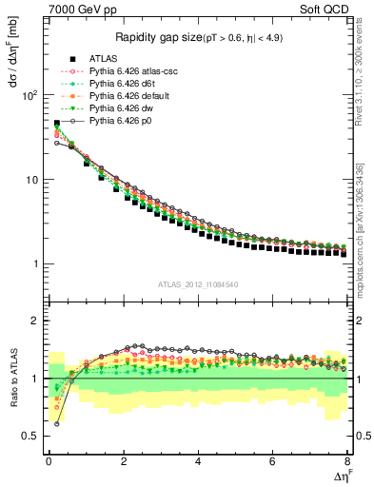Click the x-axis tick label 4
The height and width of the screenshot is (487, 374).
click(198, 463)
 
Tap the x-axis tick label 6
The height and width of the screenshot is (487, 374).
click(273, 463)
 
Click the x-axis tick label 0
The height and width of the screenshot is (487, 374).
click(49, 463)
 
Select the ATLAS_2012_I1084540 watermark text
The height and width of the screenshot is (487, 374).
click(198, 283)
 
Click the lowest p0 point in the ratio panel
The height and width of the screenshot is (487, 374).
click(56, 423)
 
